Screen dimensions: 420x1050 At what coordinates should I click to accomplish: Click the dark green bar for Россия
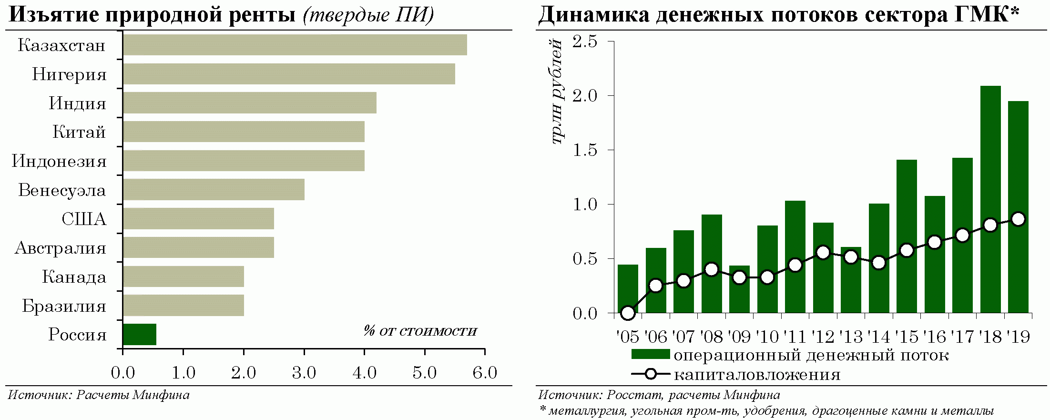click(140, 335)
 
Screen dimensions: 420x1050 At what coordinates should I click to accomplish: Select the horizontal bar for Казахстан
click(295, 45)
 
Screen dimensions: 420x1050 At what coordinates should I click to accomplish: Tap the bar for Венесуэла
click(214, 190)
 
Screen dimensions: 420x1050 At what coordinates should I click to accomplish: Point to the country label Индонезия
click(59, 161)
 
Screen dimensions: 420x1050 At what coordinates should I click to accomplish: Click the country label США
click(84, 219)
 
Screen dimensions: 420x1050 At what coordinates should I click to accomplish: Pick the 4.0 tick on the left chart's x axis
click(365, 373)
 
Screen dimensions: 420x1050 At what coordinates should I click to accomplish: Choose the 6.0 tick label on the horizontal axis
click(485, 373)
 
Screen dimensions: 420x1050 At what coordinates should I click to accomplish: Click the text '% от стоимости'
click(420, 331)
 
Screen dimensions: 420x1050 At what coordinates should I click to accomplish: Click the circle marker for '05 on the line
click(628, 313)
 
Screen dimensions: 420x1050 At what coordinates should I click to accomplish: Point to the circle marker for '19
click(1018, 219)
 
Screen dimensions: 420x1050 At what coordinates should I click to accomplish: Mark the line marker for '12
click(823, 253)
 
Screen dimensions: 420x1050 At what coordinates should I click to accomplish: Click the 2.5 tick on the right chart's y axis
click(585, 42)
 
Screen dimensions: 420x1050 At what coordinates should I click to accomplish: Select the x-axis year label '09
click(739, 337)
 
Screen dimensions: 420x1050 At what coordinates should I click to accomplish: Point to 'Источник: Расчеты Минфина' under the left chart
click(99, 395)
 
